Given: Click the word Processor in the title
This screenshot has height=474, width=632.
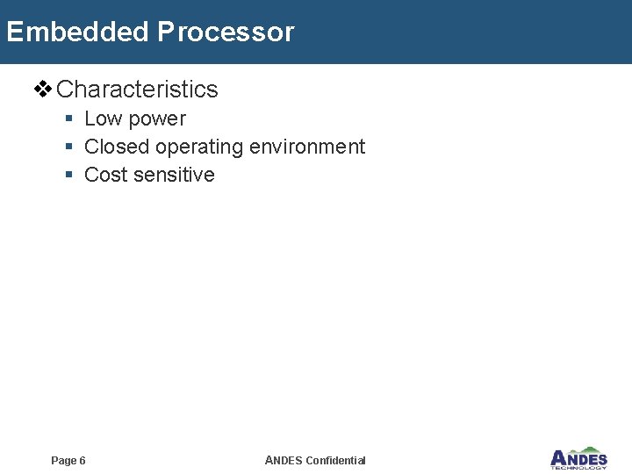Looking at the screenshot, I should tap(226, 32).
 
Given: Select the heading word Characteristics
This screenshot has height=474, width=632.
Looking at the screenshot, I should tap(137, 90).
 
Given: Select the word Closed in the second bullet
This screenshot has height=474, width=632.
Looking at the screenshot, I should tap(117, 147).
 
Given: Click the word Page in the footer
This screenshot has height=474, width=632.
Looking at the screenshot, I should tap(63, 461).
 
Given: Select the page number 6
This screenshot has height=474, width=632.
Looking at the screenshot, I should tap(83, 461).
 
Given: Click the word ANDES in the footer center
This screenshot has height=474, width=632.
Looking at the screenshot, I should tap(283, 461).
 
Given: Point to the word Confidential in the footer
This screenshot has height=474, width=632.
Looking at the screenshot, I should tap(335, 461).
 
